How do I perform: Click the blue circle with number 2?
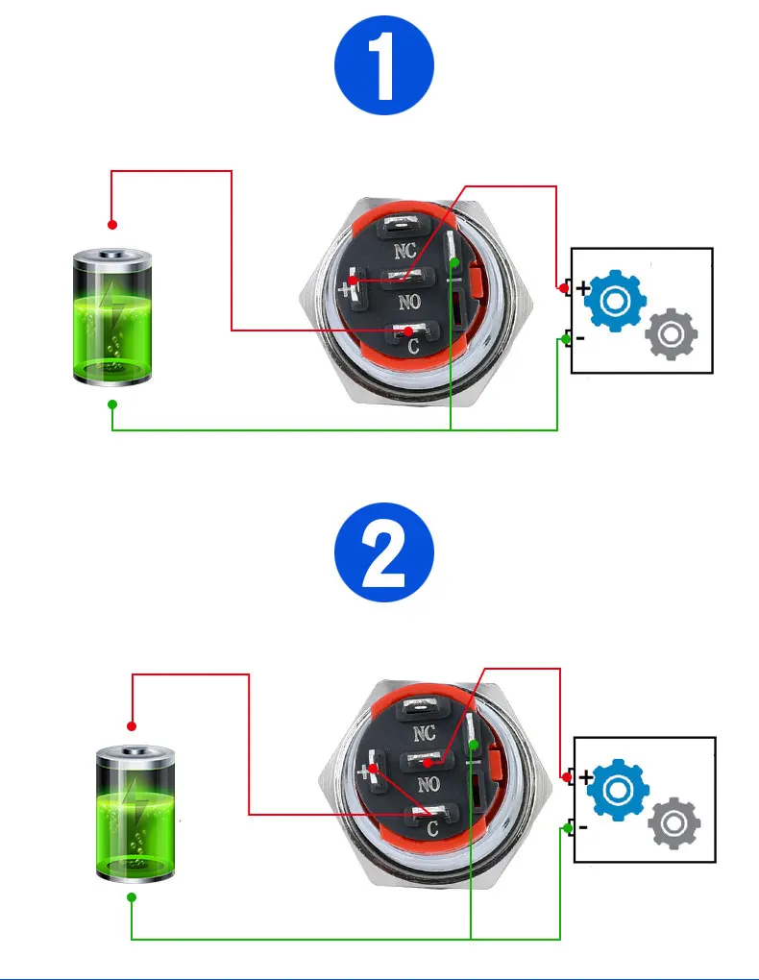coord(384,554)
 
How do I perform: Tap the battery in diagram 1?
coord(112,316)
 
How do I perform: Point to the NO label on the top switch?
coord(410,302)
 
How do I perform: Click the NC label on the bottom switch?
coord(424,734)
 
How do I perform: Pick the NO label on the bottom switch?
coord(428,783)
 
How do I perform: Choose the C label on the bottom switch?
coord(432,828)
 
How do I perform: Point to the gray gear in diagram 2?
coord(674,824)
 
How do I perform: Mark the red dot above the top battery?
coord(112,225)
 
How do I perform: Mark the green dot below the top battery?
coord(112,404)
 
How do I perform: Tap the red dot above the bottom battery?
coord(132,726)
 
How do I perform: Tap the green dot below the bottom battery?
coord(132,896)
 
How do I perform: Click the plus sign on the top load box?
coord(582,286)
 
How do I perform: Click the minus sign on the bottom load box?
coord(583,825)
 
